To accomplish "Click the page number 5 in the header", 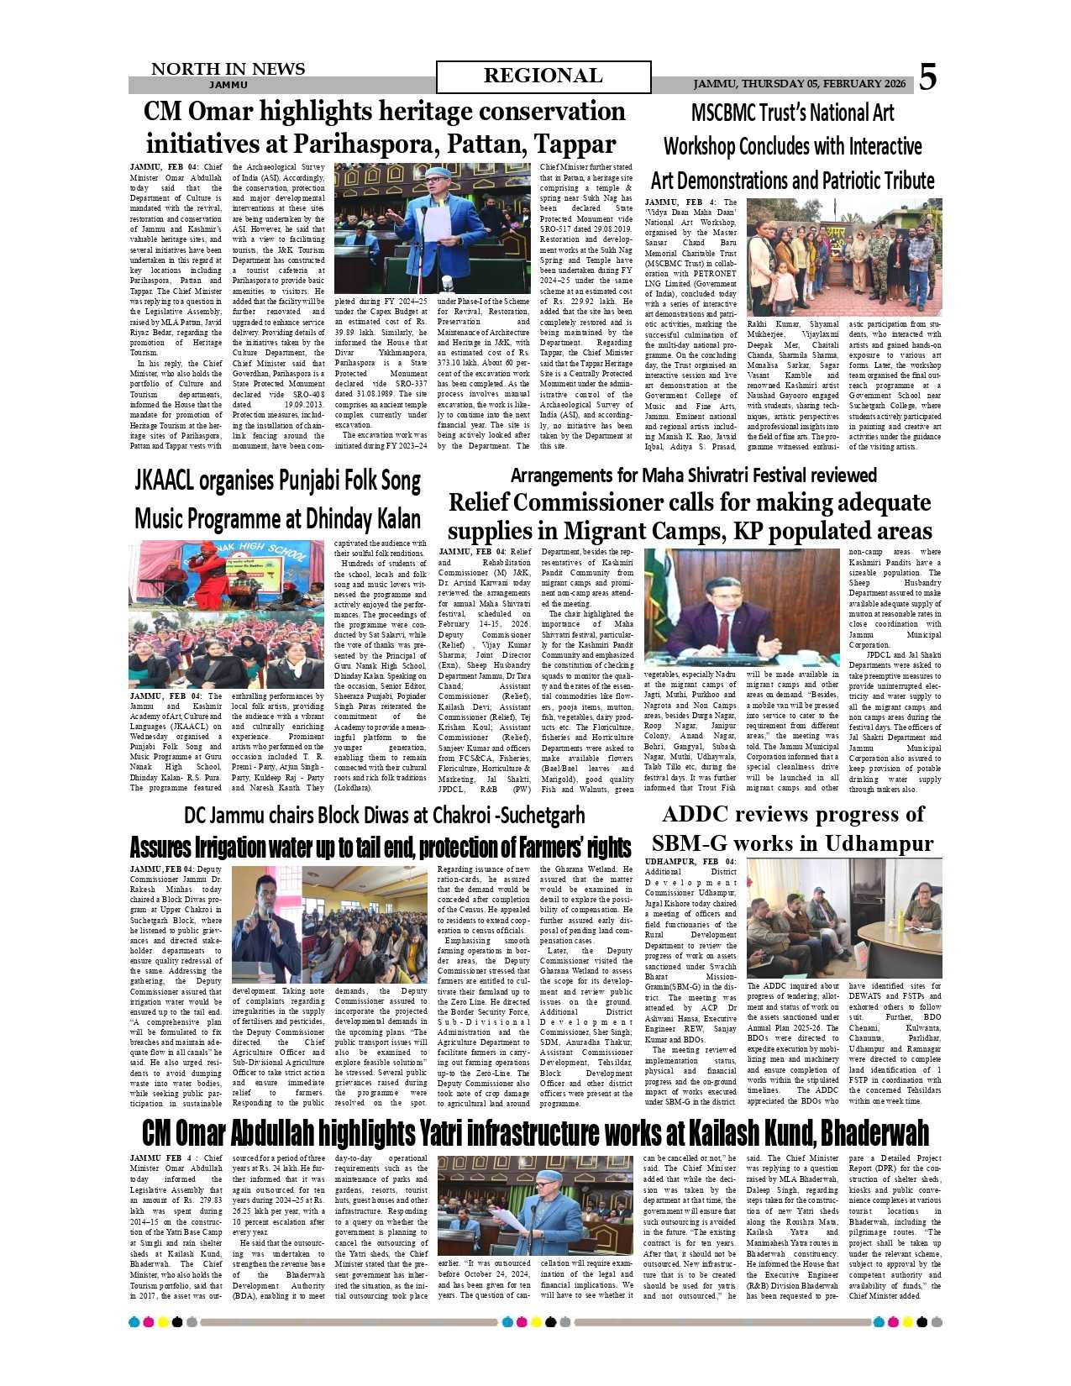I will (927, 77).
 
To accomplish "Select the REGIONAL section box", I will (543, 76).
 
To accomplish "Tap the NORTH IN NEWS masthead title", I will (228, 69).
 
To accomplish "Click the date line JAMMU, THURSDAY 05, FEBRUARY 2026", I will (799, 84).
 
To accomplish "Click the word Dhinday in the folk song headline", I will (323, 518).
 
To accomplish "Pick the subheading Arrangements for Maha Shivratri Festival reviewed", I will (693, 475).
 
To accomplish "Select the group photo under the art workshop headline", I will (844, 257).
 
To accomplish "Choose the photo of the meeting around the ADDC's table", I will (844, 917).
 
